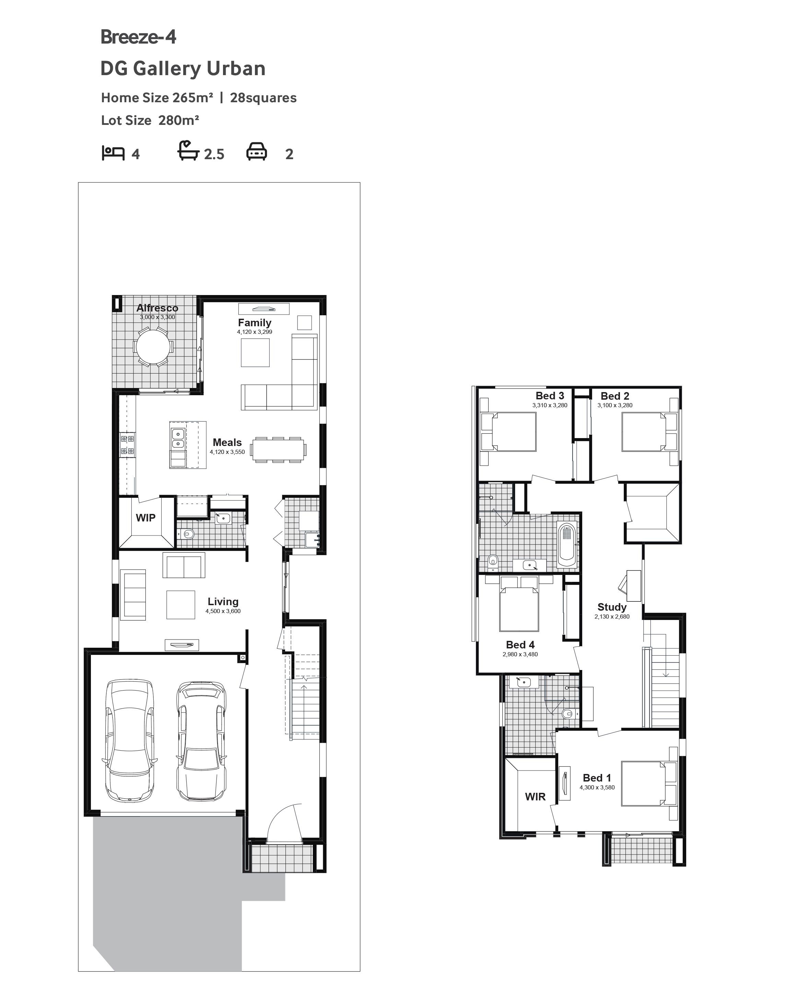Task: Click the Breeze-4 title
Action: click(x=138, y=37)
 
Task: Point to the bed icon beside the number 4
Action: click(x=113, y=153)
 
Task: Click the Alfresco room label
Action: click(x=157, y=308)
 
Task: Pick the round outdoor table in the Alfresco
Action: click(x=153, y=346)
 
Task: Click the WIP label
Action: click(x=145, y=518)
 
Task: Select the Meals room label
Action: click(x=227, y=443)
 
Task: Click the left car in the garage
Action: click(x=130, y=741)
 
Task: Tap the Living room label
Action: click(x=223, y=602)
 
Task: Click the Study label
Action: click(x=612, y=607)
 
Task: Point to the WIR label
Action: click(x=535, y=797)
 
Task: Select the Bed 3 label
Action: click(x=550, y=396)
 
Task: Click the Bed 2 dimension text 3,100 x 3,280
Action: click(x=615, y=406)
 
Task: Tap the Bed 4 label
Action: click(x=520, y=645)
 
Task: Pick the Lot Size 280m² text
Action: click(x=150, y=120)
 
